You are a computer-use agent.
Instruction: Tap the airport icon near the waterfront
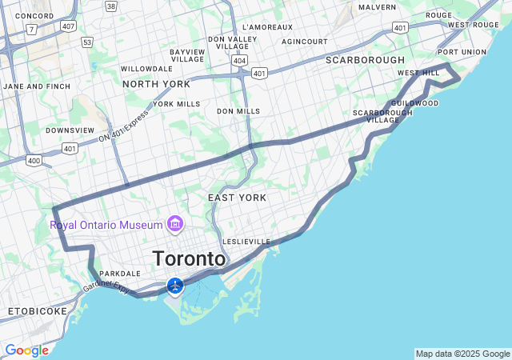[175, 286]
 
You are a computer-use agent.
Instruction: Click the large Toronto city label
[189, 259]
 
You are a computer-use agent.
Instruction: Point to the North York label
[156, 84]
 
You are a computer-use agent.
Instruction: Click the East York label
[237, 197]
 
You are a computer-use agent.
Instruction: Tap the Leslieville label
[247, 242]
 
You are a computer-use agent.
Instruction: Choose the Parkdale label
[120, 274]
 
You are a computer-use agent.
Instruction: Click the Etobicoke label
[38, 310]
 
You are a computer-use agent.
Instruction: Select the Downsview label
[70, 130]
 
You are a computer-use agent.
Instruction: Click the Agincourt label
[305, 41]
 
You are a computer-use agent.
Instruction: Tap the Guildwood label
[415, 103]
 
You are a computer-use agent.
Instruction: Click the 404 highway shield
[241, 60]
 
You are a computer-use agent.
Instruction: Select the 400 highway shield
[34, 160]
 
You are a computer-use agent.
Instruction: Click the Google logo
[26, 350]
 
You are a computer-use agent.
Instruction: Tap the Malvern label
[377, 7]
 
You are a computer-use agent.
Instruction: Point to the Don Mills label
[238, 111]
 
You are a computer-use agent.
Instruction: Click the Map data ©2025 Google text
[462, 354]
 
